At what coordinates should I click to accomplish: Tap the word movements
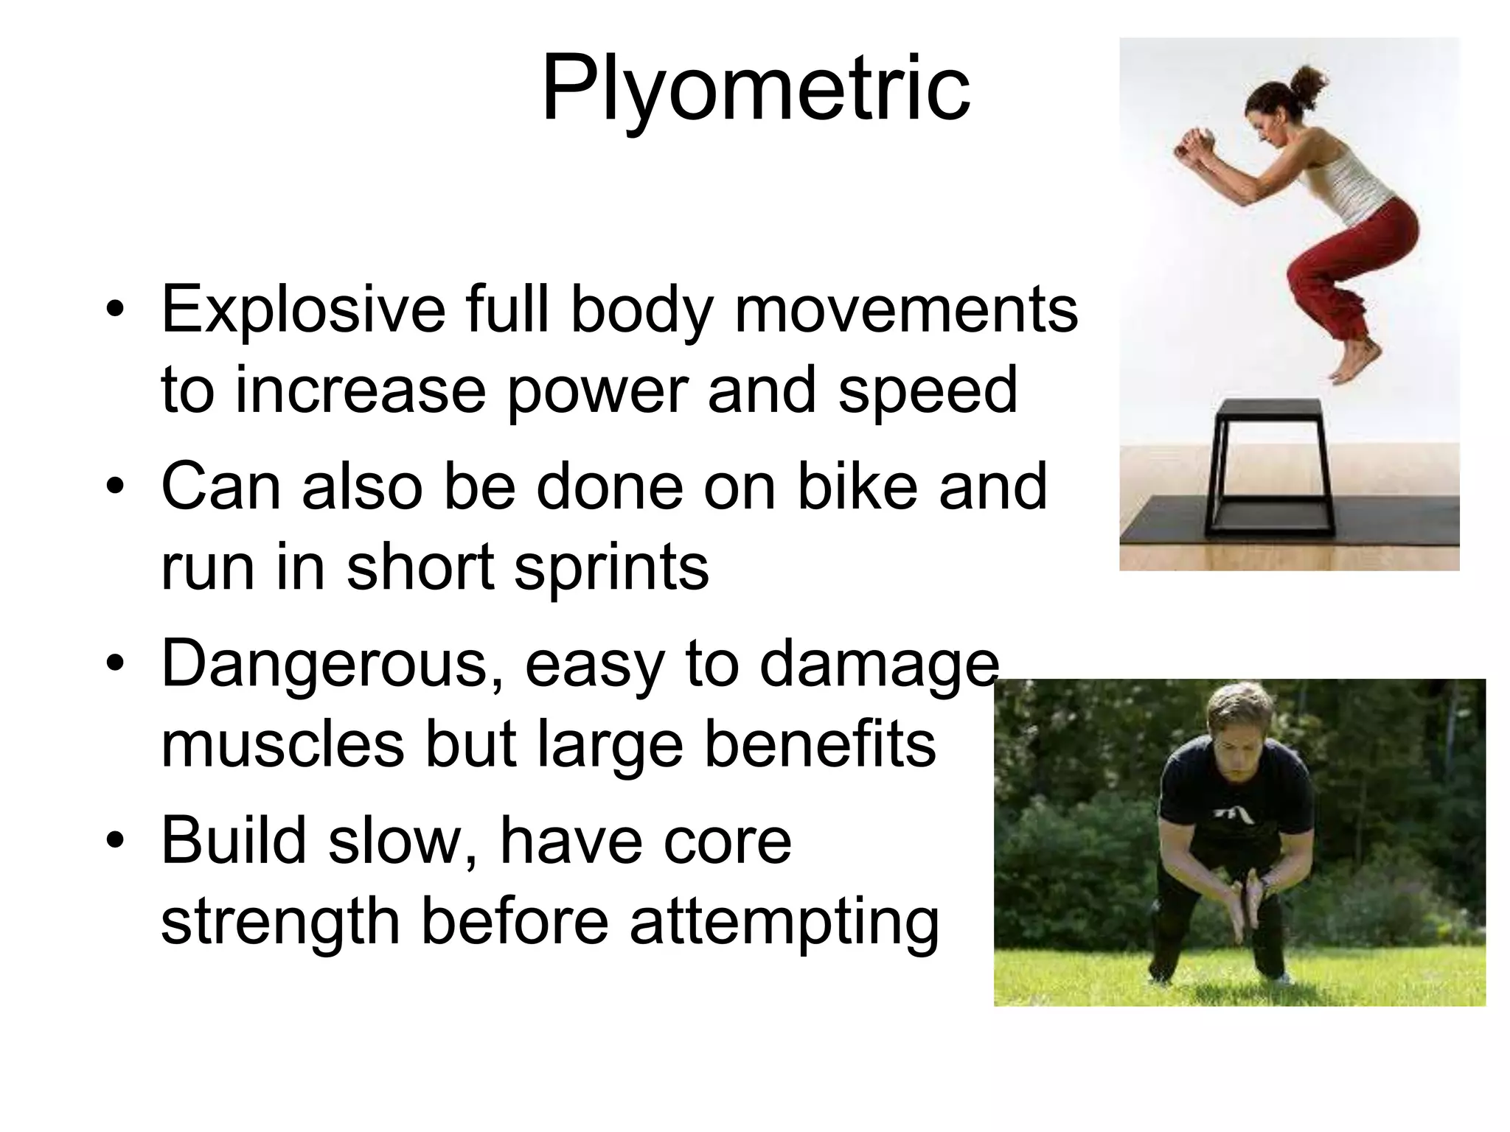click(906, 310)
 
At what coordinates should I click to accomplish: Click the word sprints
click(611, 567)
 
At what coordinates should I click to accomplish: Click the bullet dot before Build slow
click(114, 842)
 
